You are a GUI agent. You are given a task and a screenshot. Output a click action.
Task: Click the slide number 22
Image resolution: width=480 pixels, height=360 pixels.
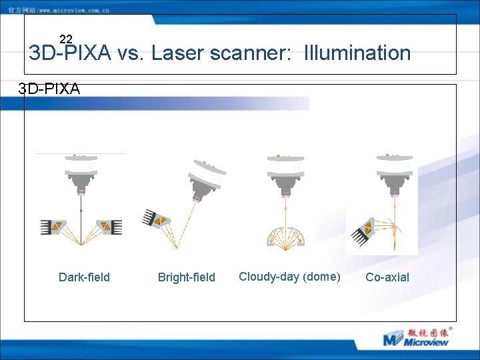[x=66, y=39]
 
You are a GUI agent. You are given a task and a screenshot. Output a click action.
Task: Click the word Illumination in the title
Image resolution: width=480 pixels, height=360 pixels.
[x=357, y=53]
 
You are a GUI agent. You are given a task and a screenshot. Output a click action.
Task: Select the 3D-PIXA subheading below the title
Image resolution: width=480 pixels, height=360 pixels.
[x=49, y=89]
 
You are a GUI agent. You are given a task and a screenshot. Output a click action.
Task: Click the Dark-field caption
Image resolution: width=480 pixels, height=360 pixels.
[x=84, y=277]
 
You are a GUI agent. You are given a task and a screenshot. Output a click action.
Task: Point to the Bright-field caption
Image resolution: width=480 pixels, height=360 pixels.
[x=187, y=277]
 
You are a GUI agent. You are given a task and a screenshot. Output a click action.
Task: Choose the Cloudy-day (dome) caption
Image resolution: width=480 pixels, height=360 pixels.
[x=289, y=277]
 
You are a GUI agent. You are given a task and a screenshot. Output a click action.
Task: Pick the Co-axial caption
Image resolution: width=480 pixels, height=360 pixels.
[x=387, y=277]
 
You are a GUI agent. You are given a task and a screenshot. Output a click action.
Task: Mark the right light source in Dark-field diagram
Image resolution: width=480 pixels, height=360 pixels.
[x=109, y=227]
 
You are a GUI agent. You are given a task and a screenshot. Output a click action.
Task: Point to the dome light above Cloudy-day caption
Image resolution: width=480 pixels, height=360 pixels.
[x=285, y=237]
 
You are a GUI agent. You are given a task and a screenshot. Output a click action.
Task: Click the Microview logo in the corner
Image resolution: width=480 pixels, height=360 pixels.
[x=418, y=337]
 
